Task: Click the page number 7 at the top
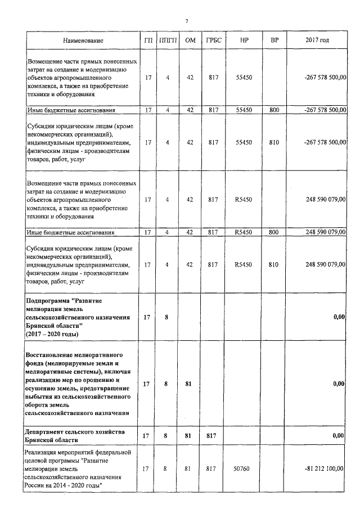[186, 21]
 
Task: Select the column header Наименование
[83, 41]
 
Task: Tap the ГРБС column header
[213, 40]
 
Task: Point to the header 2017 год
[317, 40]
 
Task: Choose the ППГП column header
[168, 40]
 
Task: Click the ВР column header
[274, 40]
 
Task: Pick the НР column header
[244, 40]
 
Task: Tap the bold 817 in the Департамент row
[213, 435]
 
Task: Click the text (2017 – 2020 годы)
[52, 334]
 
